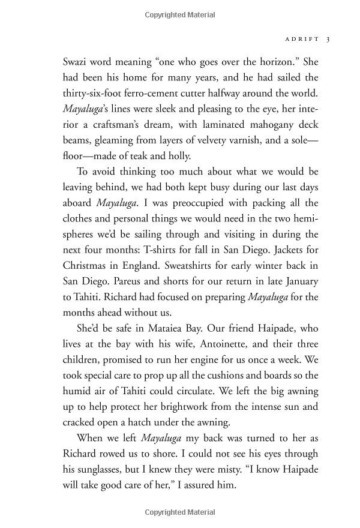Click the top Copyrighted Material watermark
point(180,10)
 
